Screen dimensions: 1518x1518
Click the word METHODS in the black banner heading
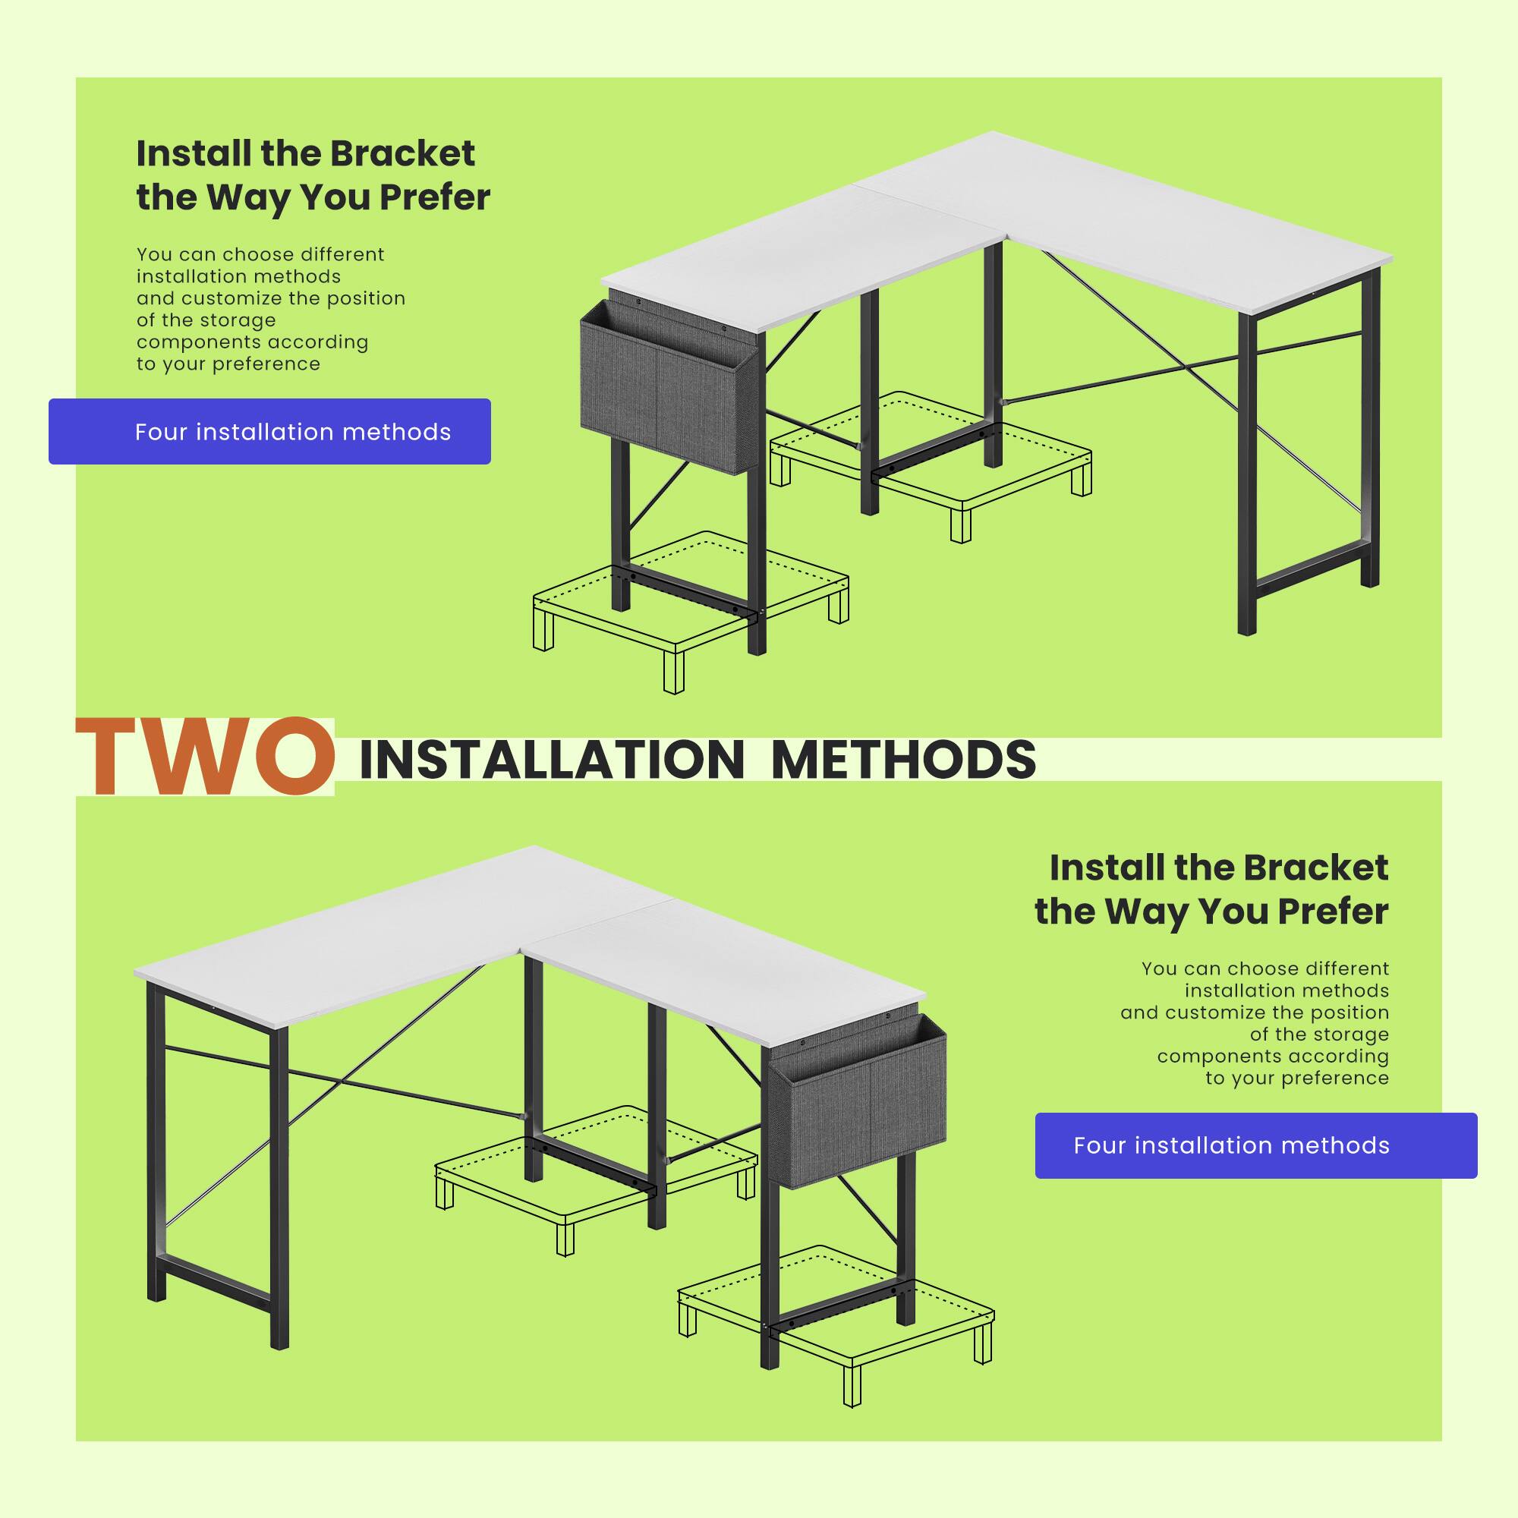[x=903, y=760]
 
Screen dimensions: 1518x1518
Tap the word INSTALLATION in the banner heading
[x=551, y=760]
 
